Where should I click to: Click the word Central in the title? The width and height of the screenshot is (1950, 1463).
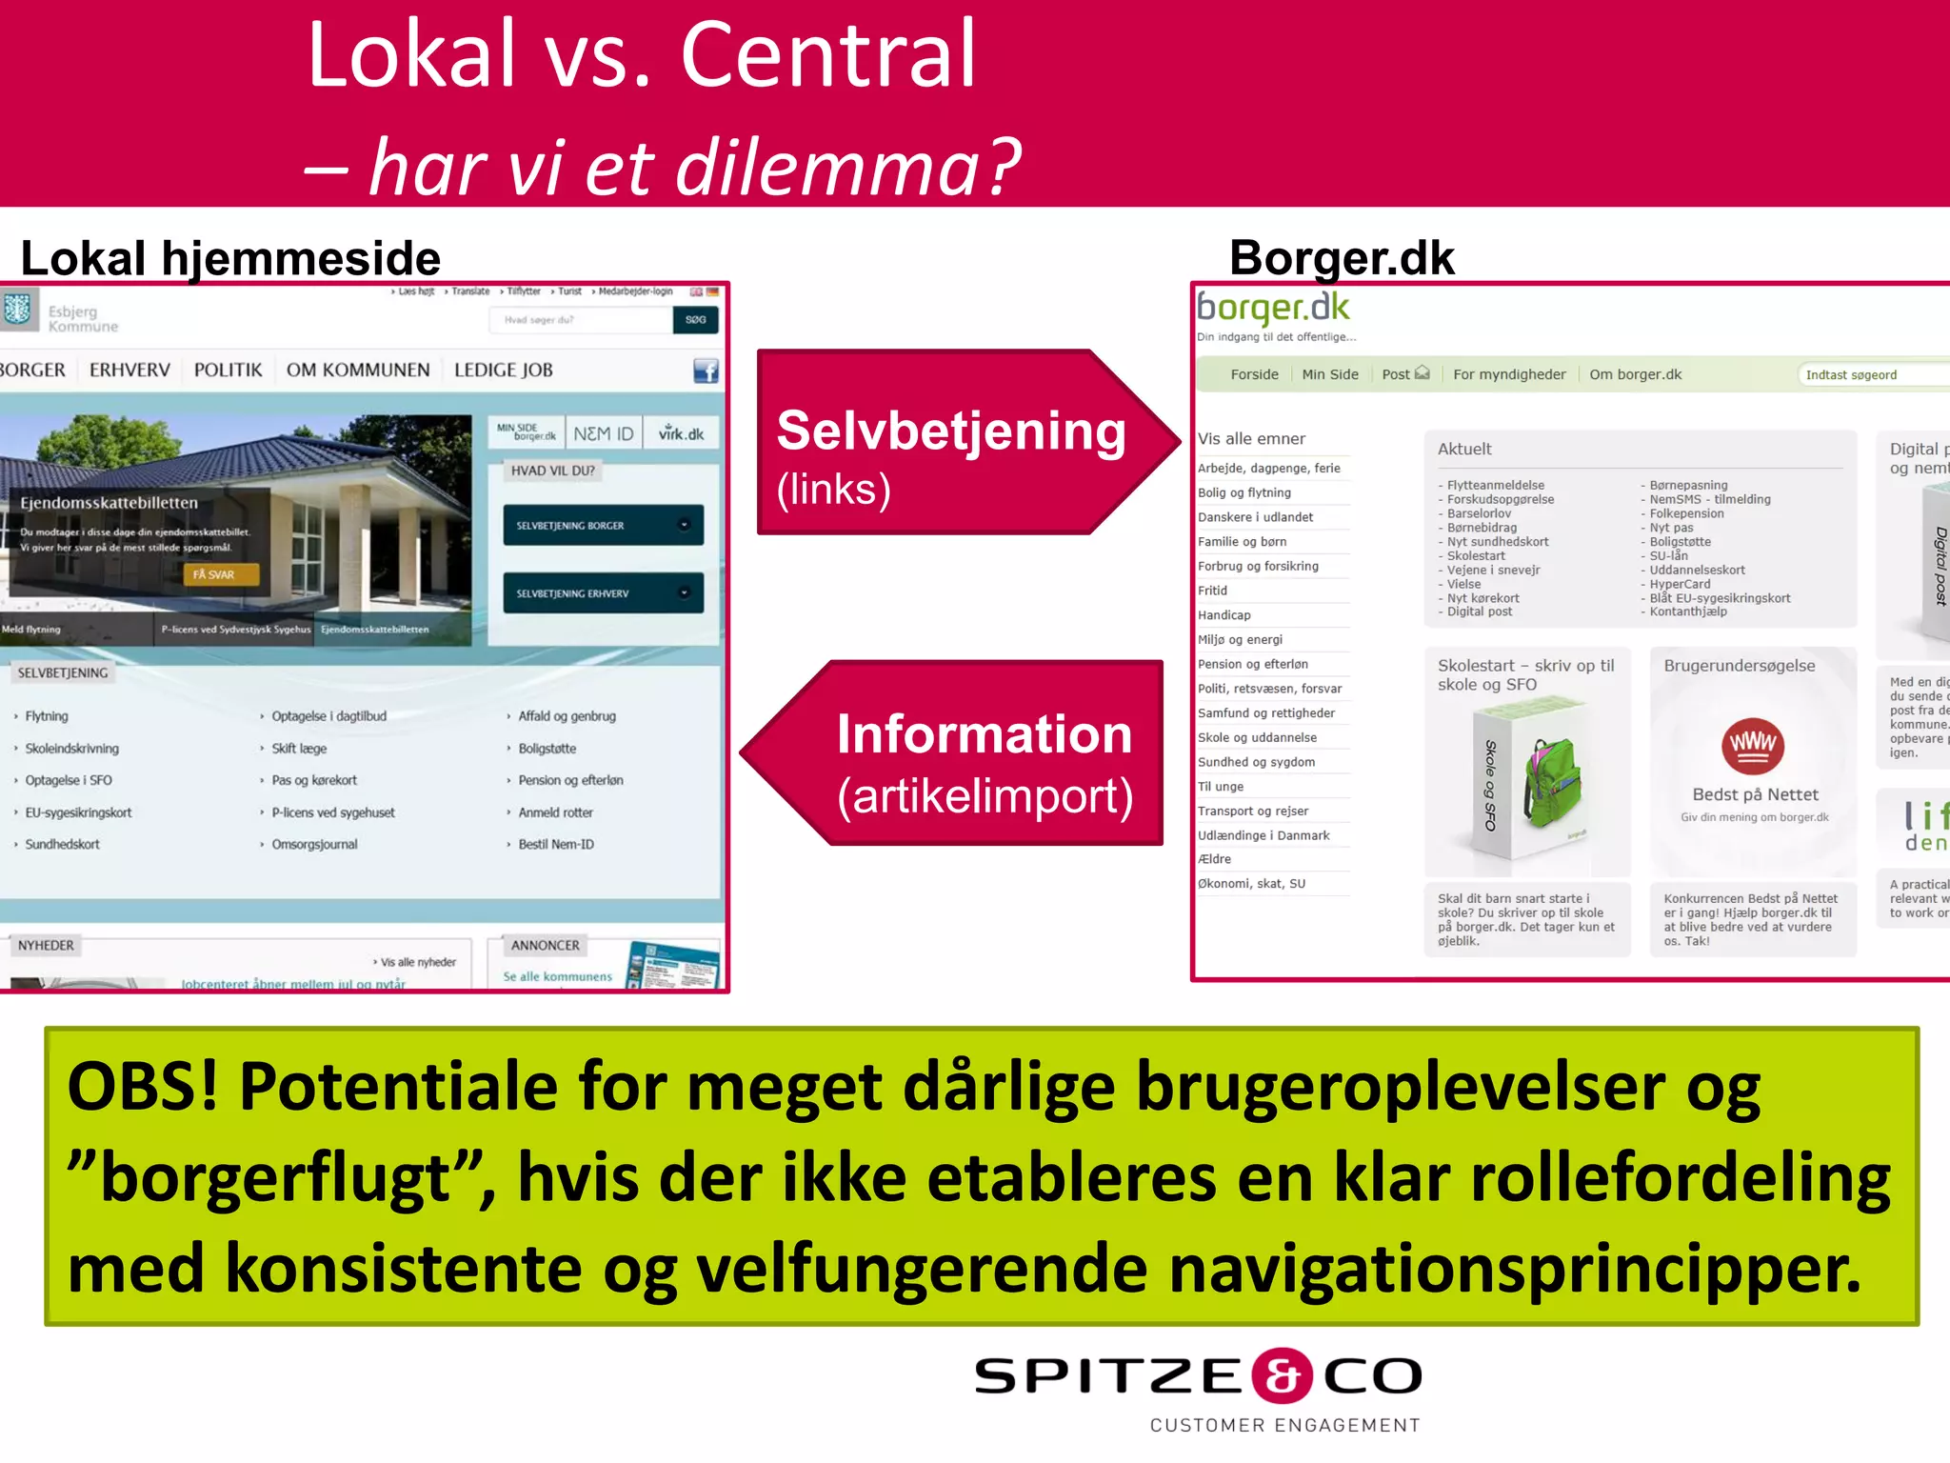[x=828, y=55]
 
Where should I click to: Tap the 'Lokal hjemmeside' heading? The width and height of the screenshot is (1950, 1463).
[x=230, y=259]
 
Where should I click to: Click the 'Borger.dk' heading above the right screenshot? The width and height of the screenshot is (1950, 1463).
[x=1342, y=258]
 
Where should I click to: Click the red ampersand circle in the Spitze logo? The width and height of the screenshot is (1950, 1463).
[x=1282, y=1375]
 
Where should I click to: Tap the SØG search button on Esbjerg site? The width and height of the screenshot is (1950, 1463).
[x=695, y=320]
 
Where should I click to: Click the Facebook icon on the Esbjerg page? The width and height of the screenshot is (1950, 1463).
[x=706, y=371]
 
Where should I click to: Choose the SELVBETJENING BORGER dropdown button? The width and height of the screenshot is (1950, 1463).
[x=603, y=525]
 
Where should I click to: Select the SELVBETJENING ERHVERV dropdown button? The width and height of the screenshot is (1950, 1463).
[x=603, y=592]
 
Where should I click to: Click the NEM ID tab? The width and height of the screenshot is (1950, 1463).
[x=603, y=433]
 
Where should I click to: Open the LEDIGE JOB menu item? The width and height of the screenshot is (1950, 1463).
[x=503, y=370]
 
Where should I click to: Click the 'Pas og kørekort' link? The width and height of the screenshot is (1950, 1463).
[x=314, y=780]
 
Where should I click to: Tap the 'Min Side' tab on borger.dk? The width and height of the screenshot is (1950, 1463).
[x=1329, y=374]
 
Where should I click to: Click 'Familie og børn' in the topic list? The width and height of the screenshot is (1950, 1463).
[x=1242, y=541]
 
